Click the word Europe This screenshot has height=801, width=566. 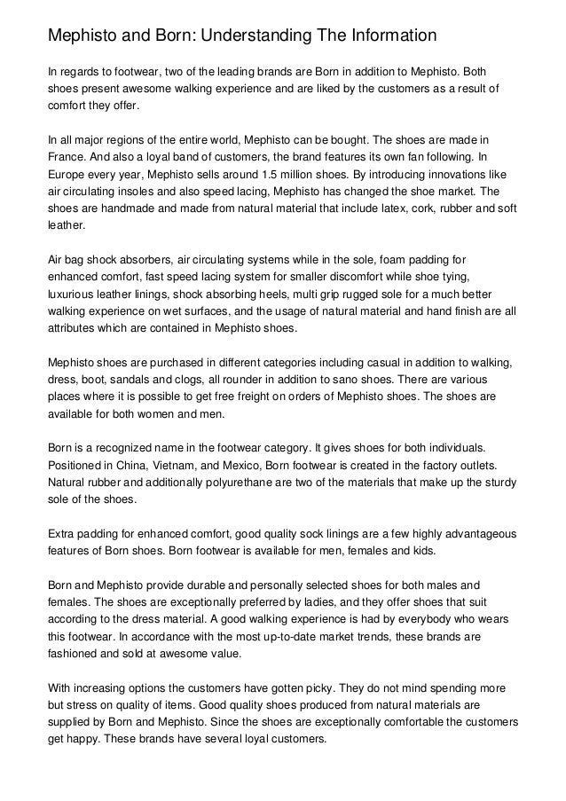68,177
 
